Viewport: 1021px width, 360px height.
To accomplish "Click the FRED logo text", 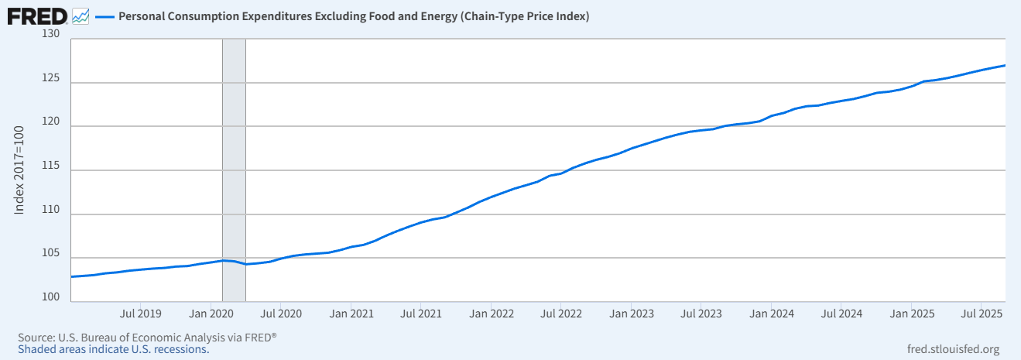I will click(36, 15).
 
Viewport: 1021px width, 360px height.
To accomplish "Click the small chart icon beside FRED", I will click(80, 16).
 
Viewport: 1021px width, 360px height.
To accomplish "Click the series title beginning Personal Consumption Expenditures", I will click(354, 16).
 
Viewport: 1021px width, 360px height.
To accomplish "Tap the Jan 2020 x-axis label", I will click(211, 314).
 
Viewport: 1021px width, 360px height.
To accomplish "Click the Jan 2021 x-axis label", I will click(351, 314).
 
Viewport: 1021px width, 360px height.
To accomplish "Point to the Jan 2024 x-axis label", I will click(772, 314).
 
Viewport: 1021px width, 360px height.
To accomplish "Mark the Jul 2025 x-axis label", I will click(982, 314).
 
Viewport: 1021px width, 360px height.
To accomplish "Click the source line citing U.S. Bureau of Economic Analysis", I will click(146, 338).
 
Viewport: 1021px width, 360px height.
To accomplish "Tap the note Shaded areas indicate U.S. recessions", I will click(113, 349).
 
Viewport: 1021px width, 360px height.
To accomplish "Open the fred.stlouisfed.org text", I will click(952, 349).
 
